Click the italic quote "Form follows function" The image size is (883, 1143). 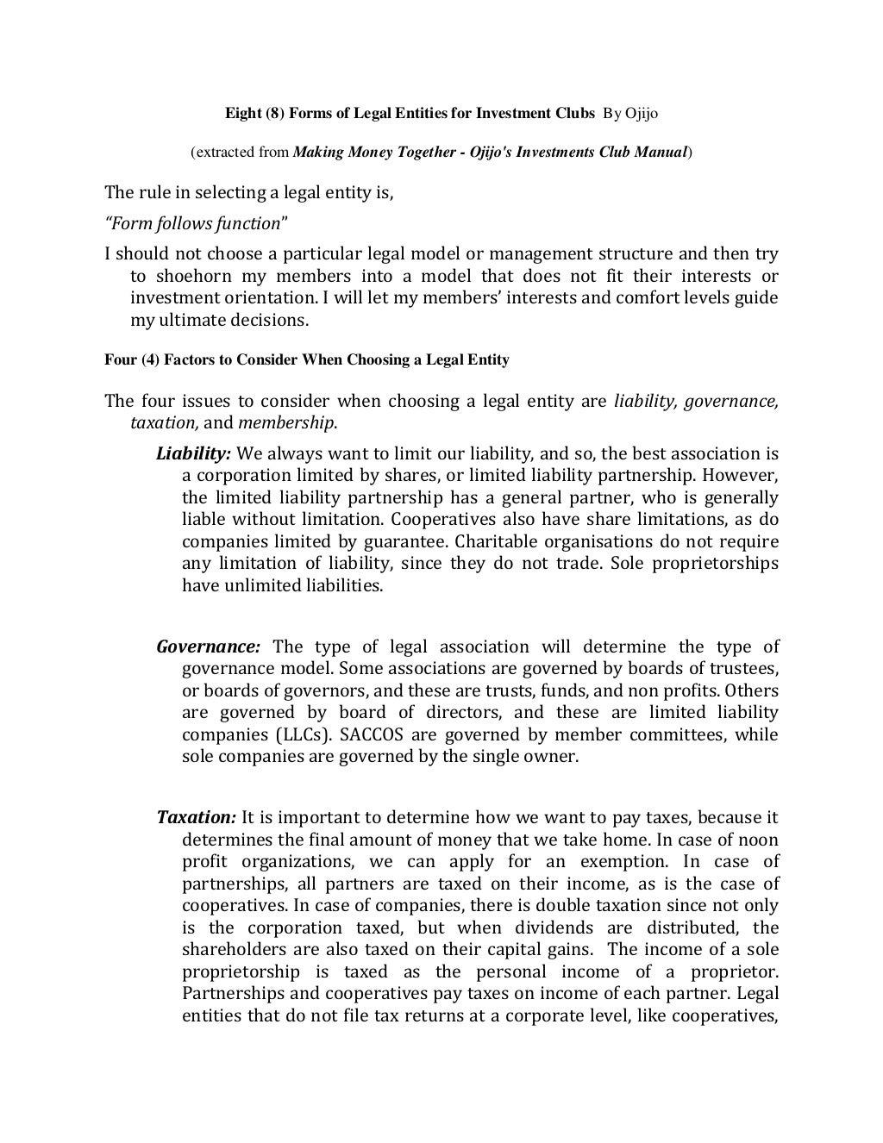coord(196,224)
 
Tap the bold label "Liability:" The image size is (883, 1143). coord(193,454)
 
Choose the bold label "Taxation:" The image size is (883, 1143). coord(196,818)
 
